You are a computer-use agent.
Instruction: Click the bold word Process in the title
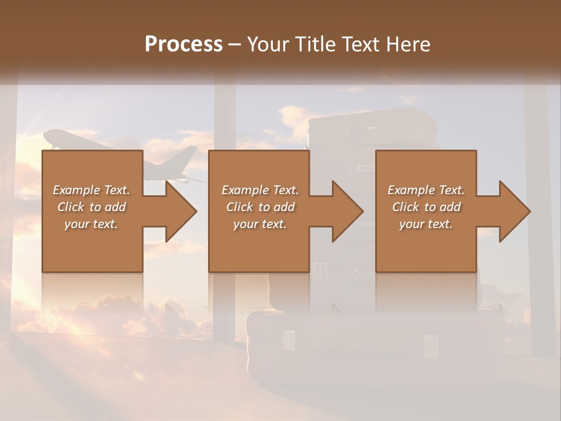tap(183, 44)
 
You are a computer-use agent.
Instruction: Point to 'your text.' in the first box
tap(91, 224)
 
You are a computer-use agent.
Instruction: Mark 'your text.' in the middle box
tap(260, 224)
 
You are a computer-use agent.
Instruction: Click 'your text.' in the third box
tap(426, 224)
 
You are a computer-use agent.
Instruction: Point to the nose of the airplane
tap(46, 136)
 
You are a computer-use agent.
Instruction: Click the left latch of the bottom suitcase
tap(288, 339)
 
